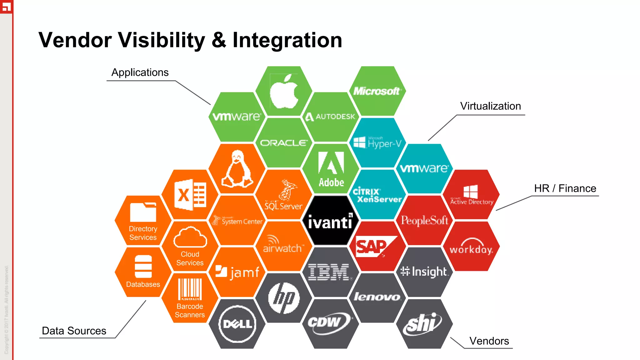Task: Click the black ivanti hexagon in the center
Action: click(330, 221)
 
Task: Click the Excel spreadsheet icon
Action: click(190, 195)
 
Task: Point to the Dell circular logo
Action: click(237, 324)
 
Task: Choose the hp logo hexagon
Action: click(284, 298)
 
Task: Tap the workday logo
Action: click(471, 247)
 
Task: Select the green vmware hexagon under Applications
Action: click(237, 117)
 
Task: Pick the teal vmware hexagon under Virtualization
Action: click(424, 168)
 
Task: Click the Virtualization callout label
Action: click(490, 106)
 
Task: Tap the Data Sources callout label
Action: click(74, 331)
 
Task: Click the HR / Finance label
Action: click(565, 188)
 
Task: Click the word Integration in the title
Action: click(287, 40)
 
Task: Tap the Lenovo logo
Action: click(377, 297)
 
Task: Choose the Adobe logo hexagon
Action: click(331, 169)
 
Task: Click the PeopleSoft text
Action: click(424, 221)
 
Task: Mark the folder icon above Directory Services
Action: click(143, 212)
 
